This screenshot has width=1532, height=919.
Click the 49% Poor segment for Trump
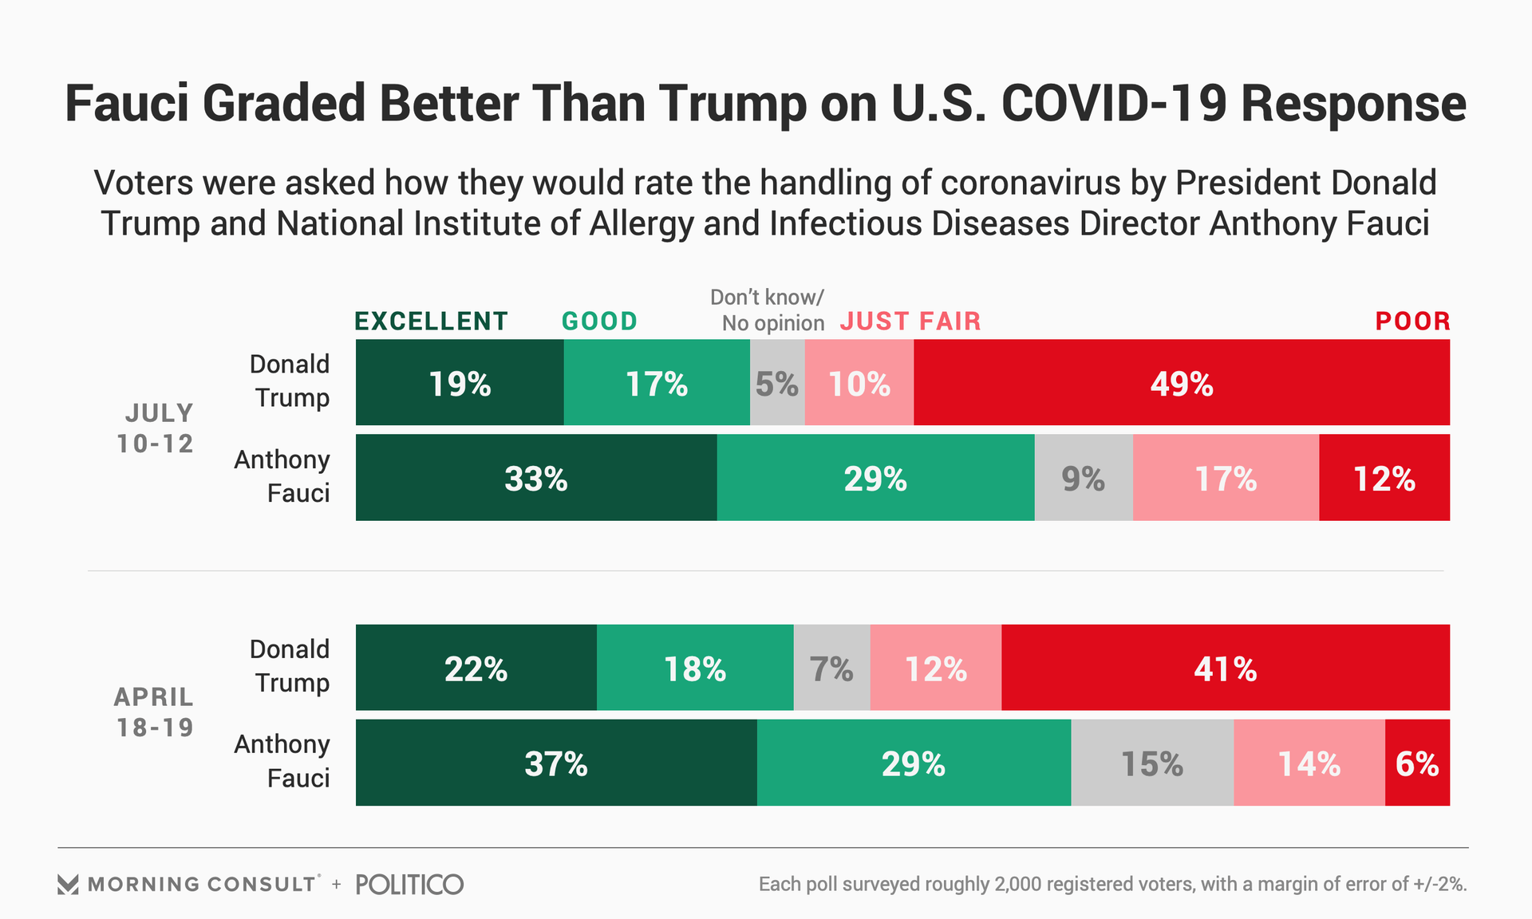point(1181,383)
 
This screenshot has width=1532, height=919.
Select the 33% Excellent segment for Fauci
point(536,478)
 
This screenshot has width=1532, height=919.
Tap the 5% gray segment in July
point(777,383)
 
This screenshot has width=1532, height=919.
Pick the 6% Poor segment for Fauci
point(1417,763)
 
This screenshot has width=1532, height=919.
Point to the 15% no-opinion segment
point(1152,763)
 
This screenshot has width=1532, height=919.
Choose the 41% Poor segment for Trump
point(1225,668)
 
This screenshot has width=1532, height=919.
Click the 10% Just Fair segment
point(859,383)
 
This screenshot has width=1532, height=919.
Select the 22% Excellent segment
point(476,668)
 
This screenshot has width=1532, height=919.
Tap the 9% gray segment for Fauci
point(1084,478)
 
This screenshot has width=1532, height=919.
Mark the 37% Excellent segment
point(556,763)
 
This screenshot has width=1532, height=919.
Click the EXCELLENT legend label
point(431,321)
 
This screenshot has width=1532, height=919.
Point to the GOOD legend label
point(599,321)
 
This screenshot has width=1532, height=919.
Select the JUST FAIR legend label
point(910,321)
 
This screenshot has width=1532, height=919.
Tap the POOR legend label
point(1412,321)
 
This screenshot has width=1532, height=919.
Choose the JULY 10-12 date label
point(156,428)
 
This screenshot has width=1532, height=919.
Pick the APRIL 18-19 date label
point(155,712)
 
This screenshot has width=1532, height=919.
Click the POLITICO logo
point(409,884)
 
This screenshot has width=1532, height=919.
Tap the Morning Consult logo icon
point(68,884)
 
